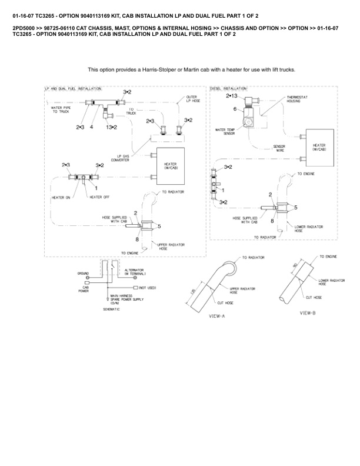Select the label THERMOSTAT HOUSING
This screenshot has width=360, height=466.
[x=295, y=99]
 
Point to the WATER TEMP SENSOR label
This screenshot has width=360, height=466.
[x=226, y=131]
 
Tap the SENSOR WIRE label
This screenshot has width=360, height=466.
[x=280, y=148]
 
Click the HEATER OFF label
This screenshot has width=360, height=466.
[x=99, y=197]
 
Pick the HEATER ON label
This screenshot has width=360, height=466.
[x=62, y=197]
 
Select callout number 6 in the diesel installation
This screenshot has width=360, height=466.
[x=235, y=109]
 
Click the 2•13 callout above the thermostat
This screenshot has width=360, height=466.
[x=231, y=95]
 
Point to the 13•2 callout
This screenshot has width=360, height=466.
[x=111, y=127]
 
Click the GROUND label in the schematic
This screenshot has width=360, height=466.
[x=83, y=274]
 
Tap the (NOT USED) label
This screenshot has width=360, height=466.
[x=147, y=287]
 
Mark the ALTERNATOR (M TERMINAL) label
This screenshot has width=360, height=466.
[x=135, y=272]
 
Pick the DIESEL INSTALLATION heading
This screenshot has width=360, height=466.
[x=229, y=88]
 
